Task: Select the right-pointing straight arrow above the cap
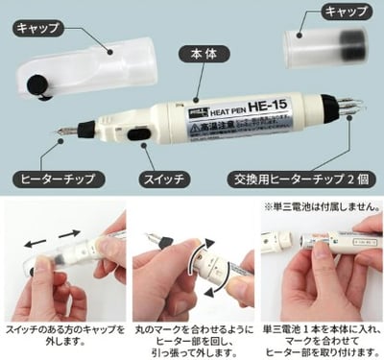click(66, 232)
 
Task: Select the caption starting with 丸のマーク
click(189, 336)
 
